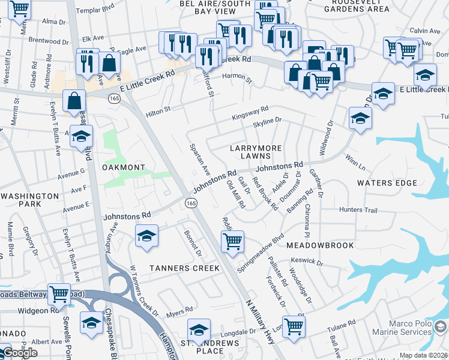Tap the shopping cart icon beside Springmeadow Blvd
pyautogui.click(x=232, y=241)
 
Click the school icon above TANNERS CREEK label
pyautogui.click(x=146, y=236)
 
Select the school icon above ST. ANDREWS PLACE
pyautogui.click(x=199, y=329)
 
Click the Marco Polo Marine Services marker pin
pyautogui.click(x=441, y=326)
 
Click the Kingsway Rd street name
pyautogui.click(x=251, y=113)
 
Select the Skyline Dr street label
pyautogui.click(x=267, y=122)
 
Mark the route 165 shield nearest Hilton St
pyautogui.click(x=113, y=98)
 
